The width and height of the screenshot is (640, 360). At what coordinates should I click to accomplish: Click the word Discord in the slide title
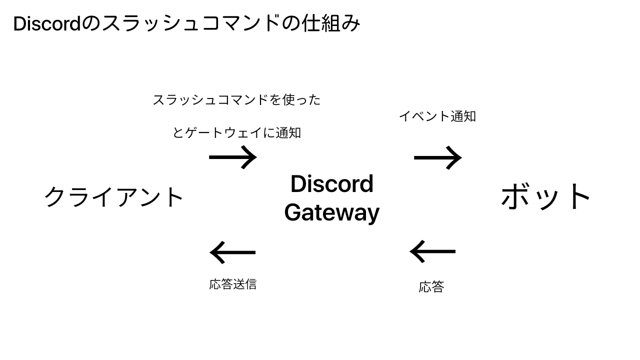[x=46, y=24]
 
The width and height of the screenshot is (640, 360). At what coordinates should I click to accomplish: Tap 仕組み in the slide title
[x=330, y=24]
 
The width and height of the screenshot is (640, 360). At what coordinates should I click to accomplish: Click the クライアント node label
[x=114, y=197]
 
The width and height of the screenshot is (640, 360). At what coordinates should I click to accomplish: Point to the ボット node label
[x=546, y=197]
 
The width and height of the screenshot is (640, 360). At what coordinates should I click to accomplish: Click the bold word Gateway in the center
[x=331, y=212]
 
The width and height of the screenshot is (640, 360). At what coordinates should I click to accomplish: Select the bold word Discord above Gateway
[x=331, y=184]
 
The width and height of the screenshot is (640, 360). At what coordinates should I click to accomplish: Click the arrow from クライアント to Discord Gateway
[x=232, y=157]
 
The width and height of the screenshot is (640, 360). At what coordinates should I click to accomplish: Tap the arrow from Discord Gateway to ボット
[x=437, y=157]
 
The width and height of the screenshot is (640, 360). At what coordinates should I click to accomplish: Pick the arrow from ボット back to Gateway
[x=432, y=251]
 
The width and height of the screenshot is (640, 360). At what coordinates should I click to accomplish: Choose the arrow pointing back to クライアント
[x=232, y=252]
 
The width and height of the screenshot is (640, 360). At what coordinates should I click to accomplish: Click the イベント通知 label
[x=437, y=116]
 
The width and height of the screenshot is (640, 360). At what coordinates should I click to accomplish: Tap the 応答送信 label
[x=232, y=284]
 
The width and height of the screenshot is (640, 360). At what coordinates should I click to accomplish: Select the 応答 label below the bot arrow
[x=431, y=287]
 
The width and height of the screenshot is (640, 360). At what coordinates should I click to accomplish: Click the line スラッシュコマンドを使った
[x=236, y=100]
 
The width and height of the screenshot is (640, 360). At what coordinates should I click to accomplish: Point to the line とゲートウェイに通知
[x=236, y=133]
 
